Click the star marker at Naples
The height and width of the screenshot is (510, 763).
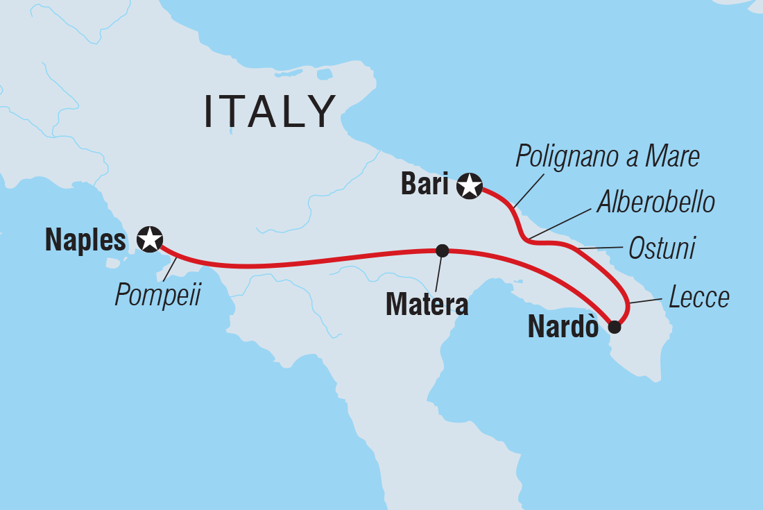tap(150, 239)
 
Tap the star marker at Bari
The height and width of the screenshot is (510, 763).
tap(470, 186)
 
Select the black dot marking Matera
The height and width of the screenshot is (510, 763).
tap(441, 250)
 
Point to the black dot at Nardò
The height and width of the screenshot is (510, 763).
tap(614, 327)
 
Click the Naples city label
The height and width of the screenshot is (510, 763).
tap(85, 240)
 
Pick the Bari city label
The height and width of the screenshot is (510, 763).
tap(425, 185)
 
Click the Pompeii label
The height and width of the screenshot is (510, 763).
tap(157, 295)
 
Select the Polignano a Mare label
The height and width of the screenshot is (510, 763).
tap(608, 158)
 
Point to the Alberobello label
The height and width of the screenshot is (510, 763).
tap(655, 203)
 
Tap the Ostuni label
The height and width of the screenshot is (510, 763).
tap(661, 248)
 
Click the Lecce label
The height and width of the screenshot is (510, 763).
tap(699, 298)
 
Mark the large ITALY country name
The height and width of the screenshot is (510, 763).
tap(271, 112)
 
